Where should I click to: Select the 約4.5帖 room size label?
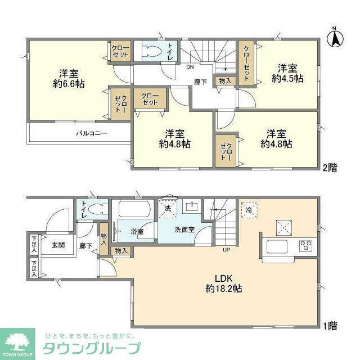tap(287, 79)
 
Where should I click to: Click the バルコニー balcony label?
tap(92, 133)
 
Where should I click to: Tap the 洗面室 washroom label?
tap(184, 229)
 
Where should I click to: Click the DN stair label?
tap(191, 66)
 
